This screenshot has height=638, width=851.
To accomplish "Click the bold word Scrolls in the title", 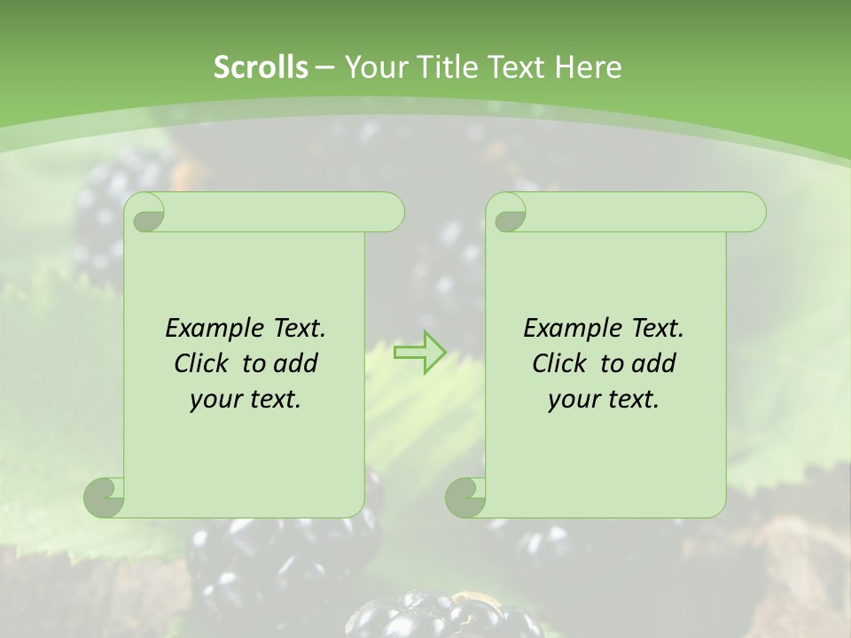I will [x=262, y=66].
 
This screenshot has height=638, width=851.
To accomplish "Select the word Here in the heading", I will [x=588, y=66].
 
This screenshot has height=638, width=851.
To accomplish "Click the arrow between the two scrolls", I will [x=419, y=353].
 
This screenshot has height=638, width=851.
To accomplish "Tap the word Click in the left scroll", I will [x=205, y=363].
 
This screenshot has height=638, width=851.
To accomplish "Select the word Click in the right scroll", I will [x=563, y=363].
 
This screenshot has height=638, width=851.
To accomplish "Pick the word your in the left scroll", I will [x=215, y=400].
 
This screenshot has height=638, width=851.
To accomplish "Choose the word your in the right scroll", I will [x=574, y=400].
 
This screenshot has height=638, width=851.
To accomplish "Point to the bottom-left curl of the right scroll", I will [x=466, y=496].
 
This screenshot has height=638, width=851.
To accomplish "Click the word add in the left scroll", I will [x=296, y=363].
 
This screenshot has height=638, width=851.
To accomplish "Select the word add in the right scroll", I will [x=654, y=363].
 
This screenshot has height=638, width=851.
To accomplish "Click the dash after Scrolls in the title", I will [x=324, y=66].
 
